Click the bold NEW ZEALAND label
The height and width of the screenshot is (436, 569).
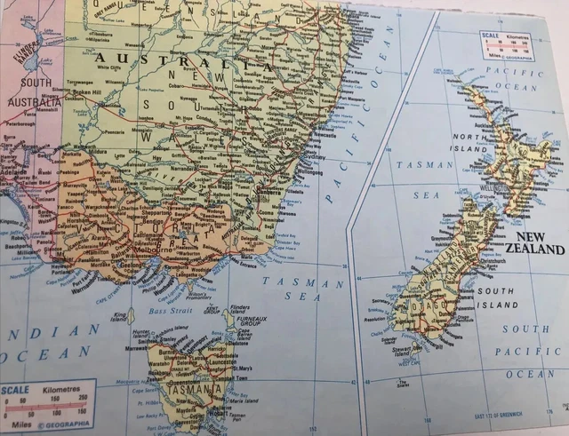[x=534, y=244]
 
